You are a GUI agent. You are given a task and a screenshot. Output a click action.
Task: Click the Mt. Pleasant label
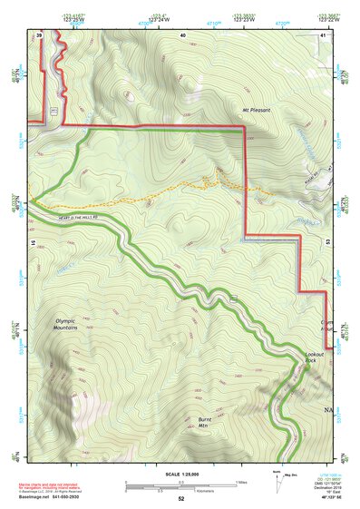tap(257, 110)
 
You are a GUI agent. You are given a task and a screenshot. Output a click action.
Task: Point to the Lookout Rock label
tap(314, 357)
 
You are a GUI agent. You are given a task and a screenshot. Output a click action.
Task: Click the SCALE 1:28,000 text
tap(180, 475)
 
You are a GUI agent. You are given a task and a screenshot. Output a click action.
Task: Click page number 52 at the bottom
tap(181, 498)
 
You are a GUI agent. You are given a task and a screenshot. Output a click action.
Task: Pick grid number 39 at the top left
tap(40, 34)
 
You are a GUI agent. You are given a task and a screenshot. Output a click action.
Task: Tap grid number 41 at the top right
tap(324, 34)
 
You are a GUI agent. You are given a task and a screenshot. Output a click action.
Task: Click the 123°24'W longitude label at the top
tap(160, 17)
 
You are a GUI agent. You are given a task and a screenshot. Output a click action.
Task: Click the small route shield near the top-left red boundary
tap(55, 110)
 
